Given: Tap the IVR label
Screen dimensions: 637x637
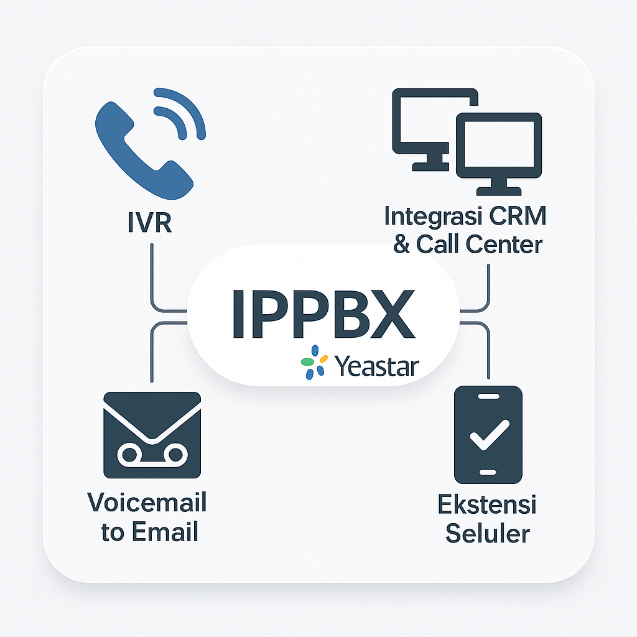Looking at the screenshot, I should (x=150, y=222).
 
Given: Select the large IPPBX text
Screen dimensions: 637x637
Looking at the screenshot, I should (x=322, y=314).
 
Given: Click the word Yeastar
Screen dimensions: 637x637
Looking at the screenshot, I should (x=376, y=366).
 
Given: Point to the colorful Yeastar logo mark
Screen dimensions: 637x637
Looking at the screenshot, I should (x=314, y=361).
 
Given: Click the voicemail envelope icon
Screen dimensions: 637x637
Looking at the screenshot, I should (x=152, y=435).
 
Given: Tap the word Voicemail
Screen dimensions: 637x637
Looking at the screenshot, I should (x=147, y=503).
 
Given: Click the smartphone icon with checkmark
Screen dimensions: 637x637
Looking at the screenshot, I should (x=488, y=434).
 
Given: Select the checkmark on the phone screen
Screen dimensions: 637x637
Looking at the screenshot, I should (x=489, y=434).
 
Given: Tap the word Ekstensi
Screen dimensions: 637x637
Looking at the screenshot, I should (x=488, y=504).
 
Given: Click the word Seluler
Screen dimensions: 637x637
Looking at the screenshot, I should (x=488, y=533).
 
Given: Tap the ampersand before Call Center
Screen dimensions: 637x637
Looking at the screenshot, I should (x=402, y=244).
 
